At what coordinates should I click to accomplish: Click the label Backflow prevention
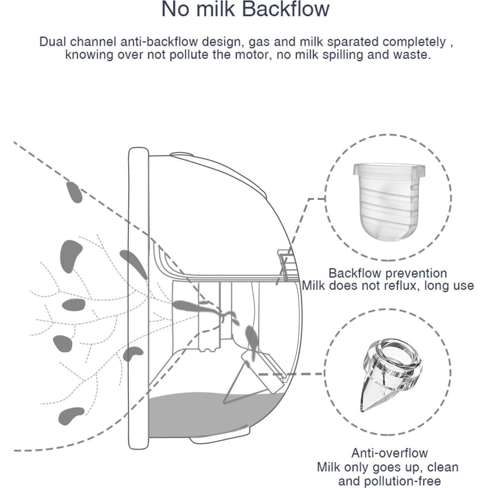pyautogui.click(x=387, y=273)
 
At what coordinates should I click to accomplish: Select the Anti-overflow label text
pyautogui.click(x=389, y=453)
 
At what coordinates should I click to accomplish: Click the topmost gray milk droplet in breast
pyautogui.click(x=74, y=192)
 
